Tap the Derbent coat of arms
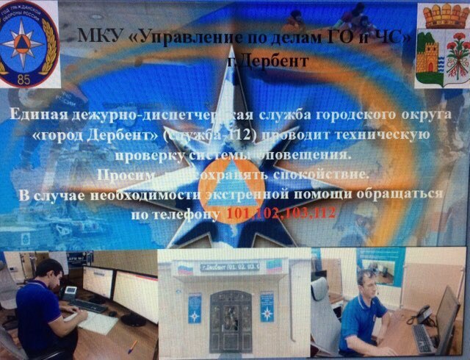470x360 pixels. (x=442, y=46)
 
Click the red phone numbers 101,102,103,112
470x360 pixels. (x=281, y=214)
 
